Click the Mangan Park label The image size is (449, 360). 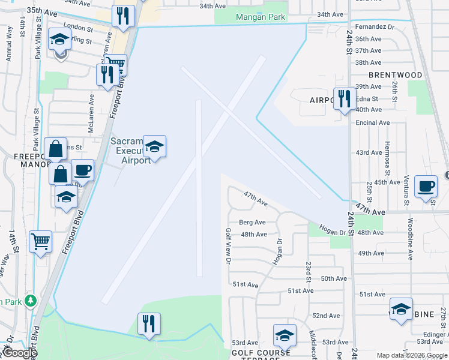(x=260, y=17)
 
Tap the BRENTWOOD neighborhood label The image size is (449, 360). (x=394, y=75)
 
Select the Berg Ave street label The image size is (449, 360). (x=252, y=222)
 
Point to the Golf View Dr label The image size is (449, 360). (x=228, y=246)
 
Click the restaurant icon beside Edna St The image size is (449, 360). (x=343, y=98)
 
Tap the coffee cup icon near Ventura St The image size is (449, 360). (x=426, y=186)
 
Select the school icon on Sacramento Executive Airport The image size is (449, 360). (x=154, y=147)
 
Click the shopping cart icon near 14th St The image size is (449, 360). (x=40, y=242)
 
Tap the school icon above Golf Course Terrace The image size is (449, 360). (x=285, y=335)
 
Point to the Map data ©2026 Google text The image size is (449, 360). (x=411, y=355)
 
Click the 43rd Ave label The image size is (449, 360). (x=369, y=152)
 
